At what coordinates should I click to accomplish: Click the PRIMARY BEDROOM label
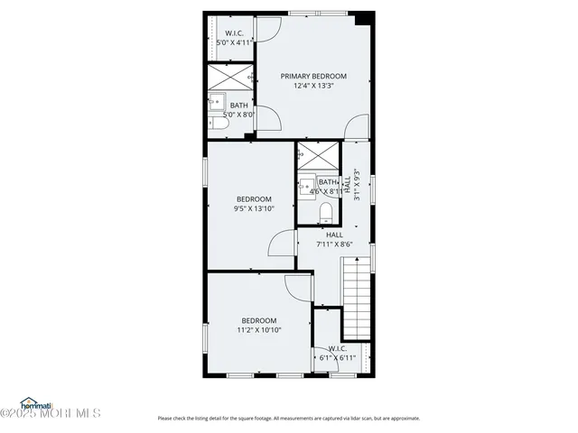coord(313,76)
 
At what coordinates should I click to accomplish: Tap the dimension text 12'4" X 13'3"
coord(313,87)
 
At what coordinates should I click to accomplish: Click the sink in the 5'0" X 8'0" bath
coord(219,102)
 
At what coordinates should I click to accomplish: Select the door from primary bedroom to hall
coord(358,127)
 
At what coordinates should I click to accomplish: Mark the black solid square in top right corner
coord(364,18)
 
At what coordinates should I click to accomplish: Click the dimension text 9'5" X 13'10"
coord(254,209)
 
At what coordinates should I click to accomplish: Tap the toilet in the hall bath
coord(327,213)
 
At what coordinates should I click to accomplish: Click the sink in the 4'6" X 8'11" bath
coord(307,185)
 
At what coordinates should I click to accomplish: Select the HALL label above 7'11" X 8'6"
coord(334,235)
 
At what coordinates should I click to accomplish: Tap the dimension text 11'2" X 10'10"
coord(259,330)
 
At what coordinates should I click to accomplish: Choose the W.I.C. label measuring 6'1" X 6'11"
coord(337,348)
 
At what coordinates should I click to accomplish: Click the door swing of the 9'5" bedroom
coord(284,244)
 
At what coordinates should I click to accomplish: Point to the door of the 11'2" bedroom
coord(299,289)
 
